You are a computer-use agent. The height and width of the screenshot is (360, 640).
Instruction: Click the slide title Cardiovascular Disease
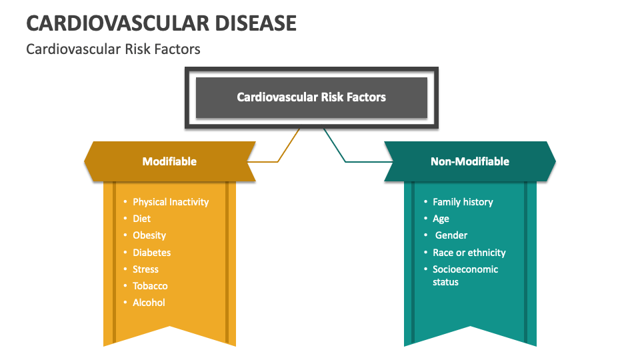pyautogui.click(x=161, y=23)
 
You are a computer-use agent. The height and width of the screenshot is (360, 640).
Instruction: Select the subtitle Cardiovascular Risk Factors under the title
pyautogui.click(x=113, y=49)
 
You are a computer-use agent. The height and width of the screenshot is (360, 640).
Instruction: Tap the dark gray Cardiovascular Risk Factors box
pyautogui.click(x=311, y=97)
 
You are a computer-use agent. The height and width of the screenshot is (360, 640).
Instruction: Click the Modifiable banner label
pyautogui.click(x=169, y=161)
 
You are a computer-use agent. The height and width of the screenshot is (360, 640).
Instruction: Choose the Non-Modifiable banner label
pyautogui.click(x=469, y=161)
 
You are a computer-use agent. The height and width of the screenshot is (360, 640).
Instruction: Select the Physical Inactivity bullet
pyautogui.click(x=170, y=202)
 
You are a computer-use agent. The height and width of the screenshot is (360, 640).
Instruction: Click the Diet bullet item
pyautogui.click(x=141, y=219)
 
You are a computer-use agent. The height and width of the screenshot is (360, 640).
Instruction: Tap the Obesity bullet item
pyautogui.click(x=149, y=235)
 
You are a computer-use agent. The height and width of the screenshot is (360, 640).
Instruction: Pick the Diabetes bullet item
pyautogui.click(x=151, y=253)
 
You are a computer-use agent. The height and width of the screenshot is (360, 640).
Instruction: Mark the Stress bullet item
pyautogui.click(x=145, y=269)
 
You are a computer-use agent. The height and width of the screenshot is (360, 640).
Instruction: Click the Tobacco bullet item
pyautogui.click(x=150, y=286)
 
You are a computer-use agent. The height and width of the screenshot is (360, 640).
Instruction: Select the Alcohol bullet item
pyautogui.click(x=149, y=303)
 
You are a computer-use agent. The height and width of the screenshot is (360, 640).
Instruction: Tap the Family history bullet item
pyautogui.click(x=463, y=202)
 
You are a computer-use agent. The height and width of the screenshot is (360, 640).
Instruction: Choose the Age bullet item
pyautogui.click(x=441, y=219)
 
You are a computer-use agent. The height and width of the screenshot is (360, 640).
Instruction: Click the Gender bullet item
pyautogui.click(x=451, y=235)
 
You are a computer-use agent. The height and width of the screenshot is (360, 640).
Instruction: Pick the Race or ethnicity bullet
pyautogui.click(x=469, y=253)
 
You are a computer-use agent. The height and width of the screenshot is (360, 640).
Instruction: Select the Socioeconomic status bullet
pyautogui.click(x=465, y=275)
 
